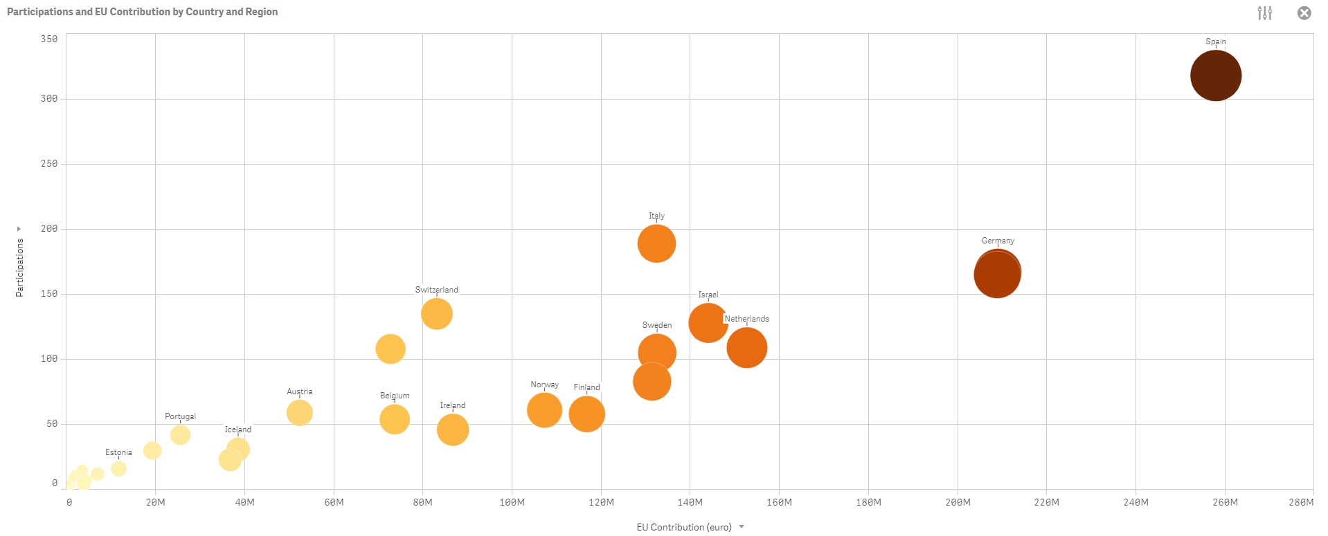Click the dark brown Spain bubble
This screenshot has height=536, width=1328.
coord(1215,75)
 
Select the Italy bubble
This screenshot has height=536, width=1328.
coord(656,243)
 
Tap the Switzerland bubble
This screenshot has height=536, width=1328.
coord(436,314)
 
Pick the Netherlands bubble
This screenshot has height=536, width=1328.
coord(746,347)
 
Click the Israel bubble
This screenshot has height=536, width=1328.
coord(708,322)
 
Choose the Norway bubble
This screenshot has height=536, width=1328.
coord(544,410)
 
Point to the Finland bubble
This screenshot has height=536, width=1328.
coord(586,414)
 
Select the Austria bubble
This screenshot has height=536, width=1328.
coord(299,413)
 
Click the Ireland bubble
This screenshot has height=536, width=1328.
coord(452,429)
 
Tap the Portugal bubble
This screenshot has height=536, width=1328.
coord(180,435)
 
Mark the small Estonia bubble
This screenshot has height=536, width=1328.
coord(118,469)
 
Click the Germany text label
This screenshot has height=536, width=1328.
coord(997,241)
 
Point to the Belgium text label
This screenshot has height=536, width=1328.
coord(394,396)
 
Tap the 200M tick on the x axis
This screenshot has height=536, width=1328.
coord(958,502)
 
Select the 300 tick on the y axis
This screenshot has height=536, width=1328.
coord(48,99)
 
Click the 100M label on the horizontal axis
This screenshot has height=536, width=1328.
coord(512,502)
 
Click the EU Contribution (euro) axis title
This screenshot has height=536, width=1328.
coord(683,527)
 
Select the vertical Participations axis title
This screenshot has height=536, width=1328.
coord(19,268)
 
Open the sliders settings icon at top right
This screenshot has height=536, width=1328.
coord(1264,13)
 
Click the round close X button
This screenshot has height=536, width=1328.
coord(1304,13)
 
